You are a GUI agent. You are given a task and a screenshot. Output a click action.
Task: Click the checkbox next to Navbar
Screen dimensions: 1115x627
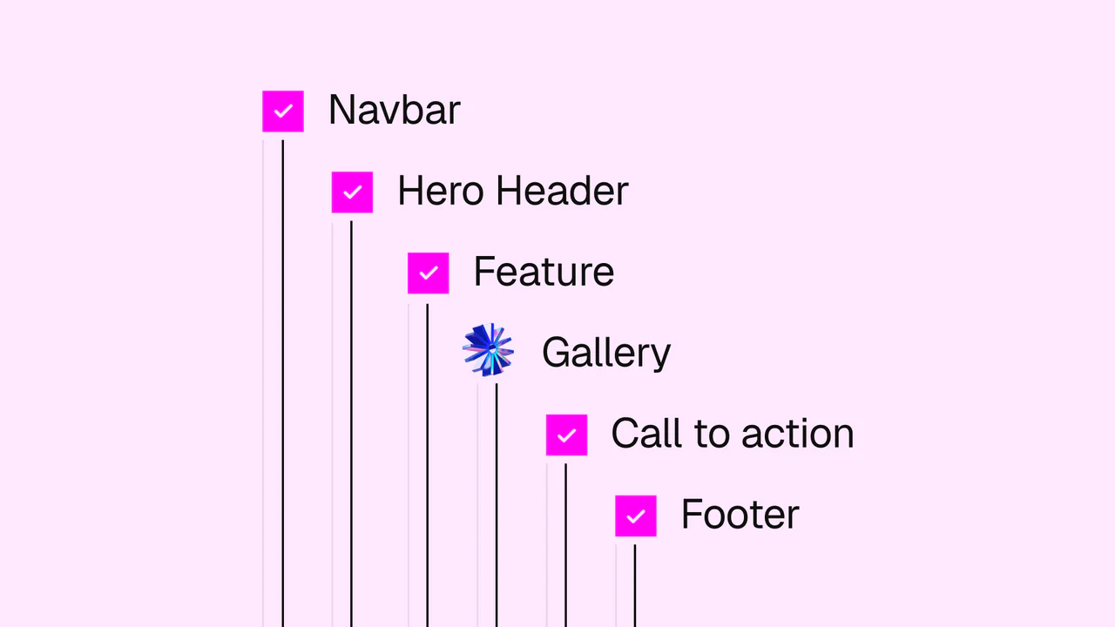tap(283, 111)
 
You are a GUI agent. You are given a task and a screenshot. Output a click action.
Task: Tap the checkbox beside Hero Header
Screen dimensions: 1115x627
tap(352, 192)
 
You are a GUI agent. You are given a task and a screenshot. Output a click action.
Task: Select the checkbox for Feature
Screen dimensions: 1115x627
tap(428, 273)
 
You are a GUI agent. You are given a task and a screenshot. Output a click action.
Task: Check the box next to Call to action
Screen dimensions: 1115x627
tap(566, 435)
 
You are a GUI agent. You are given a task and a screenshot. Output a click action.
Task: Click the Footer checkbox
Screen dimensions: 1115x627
tap(636, 516)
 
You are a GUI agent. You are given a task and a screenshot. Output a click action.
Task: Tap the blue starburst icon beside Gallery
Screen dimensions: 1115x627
tap(489, 350)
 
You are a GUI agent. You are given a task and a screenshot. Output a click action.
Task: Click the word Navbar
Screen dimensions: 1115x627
tap(395, 110)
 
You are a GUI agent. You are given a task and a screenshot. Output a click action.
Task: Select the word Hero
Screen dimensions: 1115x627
tap(441, 191)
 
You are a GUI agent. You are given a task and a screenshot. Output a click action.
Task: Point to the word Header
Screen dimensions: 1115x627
tap(563, 191)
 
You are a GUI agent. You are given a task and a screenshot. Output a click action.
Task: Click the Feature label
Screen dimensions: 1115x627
tap(544, 272)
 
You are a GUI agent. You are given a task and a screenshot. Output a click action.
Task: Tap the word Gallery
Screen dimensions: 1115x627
tap(606, 354)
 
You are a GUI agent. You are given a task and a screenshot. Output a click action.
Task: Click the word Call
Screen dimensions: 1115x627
tap(646, 434)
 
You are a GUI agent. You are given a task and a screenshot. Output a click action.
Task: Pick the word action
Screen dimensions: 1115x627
tap(798, 434)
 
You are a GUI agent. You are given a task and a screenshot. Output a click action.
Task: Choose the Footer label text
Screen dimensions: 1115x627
tap(740, 514)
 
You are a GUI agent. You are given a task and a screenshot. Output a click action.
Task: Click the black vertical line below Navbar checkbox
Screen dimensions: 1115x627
tap(283, 384)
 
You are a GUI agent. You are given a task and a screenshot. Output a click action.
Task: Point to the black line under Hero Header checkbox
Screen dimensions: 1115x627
tap(351, 424)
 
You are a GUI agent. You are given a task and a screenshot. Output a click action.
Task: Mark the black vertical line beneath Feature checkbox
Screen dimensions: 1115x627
tap(427, 466)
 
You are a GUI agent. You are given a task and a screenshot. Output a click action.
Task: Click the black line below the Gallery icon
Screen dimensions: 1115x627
tap(497, 505)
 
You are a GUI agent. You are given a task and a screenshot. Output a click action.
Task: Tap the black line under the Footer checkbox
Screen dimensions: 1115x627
tap(635, 586)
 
